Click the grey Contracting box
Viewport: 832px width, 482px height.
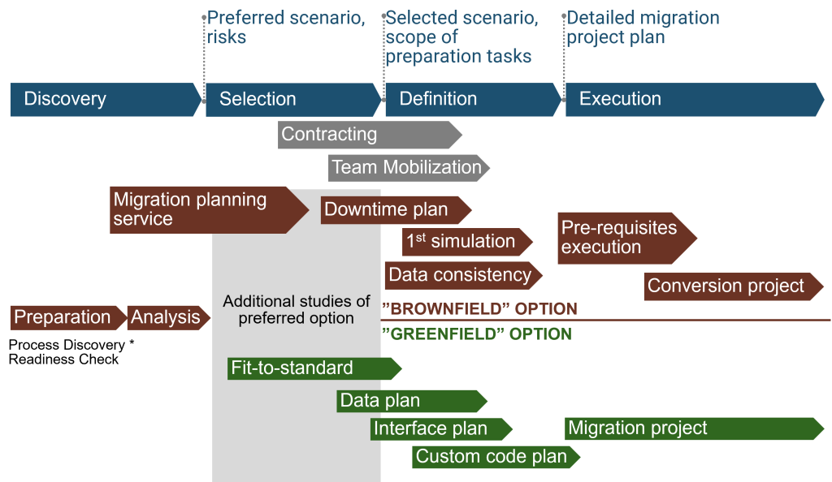[x=366, y=135]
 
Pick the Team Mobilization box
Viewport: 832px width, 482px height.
[x=406, y=168]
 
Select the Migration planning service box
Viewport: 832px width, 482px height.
[x=203, y=209]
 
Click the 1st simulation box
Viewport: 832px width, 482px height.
[x=464, y=242]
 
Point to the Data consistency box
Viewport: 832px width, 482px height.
[x=460, y=275]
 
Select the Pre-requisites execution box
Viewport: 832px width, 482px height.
[x=622, y=238]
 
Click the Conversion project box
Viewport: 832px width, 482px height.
[x=728, y=286]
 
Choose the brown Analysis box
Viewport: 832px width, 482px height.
[x=166, y=317]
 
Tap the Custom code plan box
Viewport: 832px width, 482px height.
[x=492, y=457]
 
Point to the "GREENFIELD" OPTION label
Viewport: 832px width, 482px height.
[x=477, y=334]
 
